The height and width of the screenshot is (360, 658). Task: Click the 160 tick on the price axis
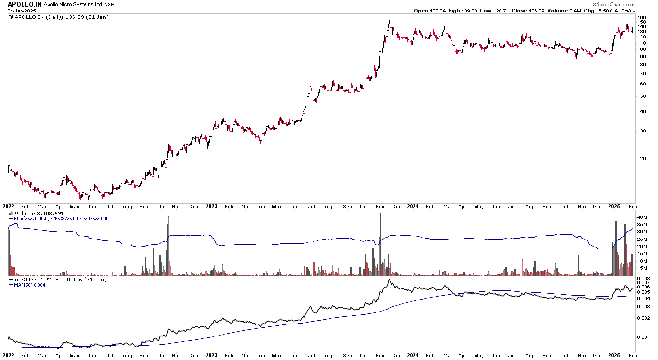[642, 18]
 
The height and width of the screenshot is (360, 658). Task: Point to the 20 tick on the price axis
[642, 159]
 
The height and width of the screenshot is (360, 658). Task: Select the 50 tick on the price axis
[642, 96]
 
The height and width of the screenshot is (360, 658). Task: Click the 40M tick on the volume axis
[643, 217]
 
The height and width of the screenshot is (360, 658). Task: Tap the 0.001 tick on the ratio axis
[644, 337]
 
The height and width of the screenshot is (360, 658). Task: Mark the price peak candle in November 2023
[390, 20]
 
